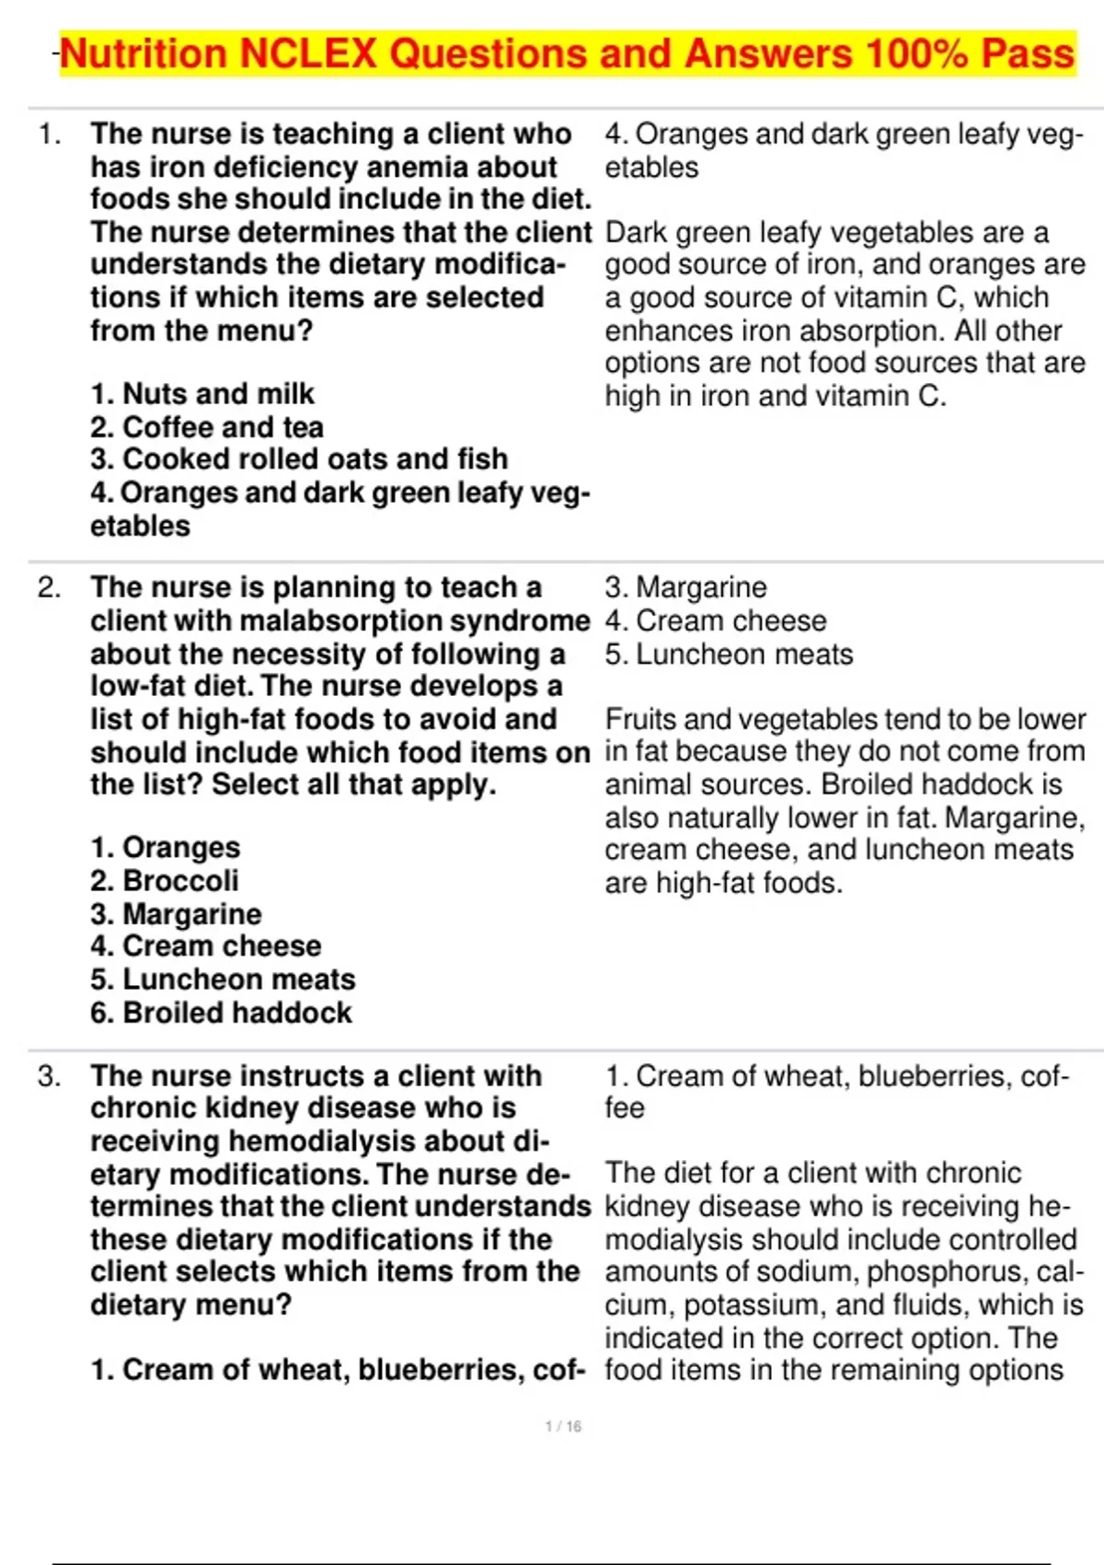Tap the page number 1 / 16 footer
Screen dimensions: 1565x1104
563,1426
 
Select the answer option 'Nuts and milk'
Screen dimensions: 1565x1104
202,394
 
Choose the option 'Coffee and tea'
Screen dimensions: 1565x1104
207,427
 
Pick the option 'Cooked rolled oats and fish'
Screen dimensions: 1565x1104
299,458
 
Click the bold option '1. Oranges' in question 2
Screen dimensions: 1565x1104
166,847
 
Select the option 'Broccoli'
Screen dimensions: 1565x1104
165,880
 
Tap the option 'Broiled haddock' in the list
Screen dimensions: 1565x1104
221,1013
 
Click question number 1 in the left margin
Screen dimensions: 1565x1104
50,134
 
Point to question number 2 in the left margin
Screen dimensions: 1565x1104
50,587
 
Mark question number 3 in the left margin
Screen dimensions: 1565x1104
50,1075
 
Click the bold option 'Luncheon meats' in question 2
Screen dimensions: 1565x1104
223,979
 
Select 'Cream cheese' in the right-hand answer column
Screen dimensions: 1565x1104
716,620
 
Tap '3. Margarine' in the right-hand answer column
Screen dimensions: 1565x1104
685,587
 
